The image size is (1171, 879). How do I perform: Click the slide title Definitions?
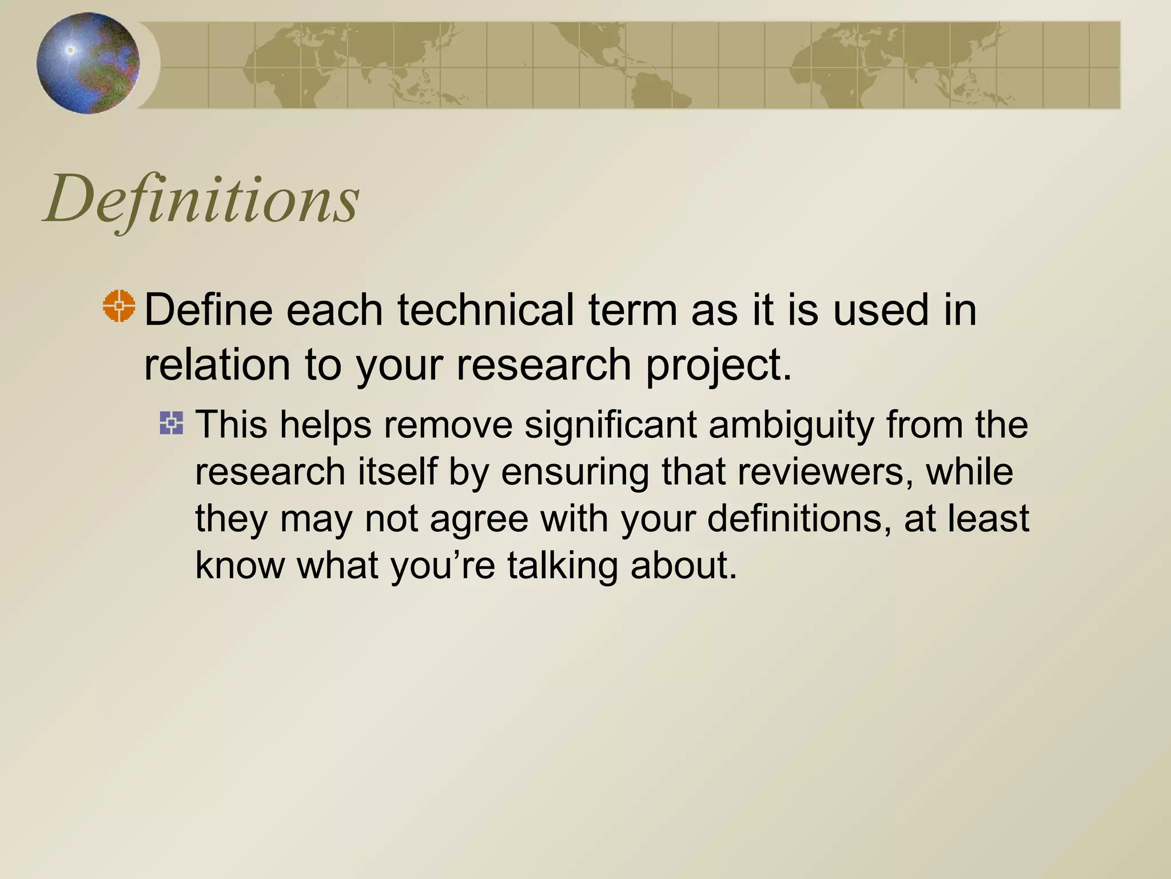tap(201, 199)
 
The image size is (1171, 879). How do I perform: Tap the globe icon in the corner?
tap(88, 63)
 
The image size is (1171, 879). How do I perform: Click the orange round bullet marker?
tap(120, 306)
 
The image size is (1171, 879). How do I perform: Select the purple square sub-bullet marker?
tap(172, 423)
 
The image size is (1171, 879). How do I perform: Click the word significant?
tap(610, 425)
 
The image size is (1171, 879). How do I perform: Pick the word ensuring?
tap(575, 472)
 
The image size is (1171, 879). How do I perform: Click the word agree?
tap(479, 519)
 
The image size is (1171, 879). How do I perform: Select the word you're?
tap(443, 565)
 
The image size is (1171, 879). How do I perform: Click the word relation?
tap(217, 365)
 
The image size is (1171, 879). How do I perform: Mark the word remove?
tap(448, 425)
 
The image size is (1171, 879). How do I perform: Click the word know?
tap(240, 565)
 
